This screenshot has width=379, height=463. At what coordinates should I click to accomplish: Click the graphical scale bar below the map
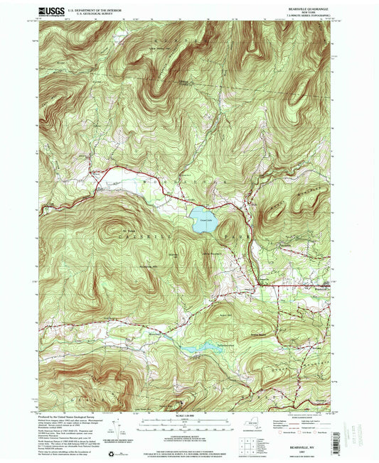[188, 424]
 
